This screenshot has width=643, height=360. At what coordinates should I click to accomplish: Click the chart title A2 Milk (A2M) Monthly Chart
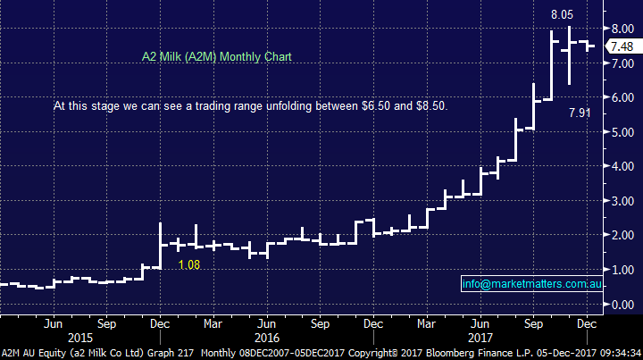217,56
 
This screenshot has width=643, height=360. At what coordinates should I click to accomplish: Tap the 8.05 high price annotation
561,14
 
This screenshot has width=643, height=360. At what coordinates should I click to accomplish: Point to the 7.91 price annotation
580,114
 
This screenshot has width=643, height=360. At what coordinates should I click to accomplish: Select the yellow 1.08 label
188,265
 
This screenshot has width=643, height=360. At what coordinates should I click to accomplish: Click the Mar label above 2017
426,323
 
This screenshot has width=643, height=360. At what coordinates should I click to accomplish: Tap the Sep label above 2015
106,323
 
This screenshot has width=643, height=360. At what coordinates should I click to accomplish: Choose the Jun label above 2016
267,323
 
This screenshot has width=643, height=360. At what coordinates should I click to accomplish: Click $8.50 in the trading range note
430,105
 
